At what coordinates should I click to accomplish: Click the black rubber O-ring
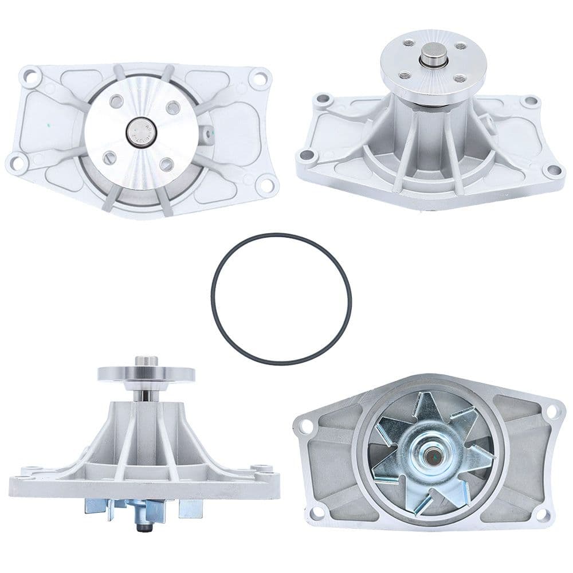213,298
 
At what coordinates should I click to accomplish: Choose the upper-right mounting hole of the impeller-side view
552,411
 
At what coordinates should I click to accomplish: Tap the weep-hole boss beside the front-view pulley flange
206,133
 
